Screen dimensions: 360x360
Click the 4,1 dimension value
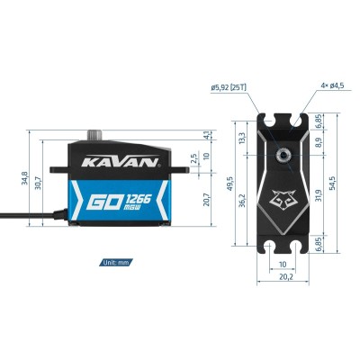coord(207,135)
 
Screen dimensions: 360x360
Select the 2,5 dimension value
coord(193,158)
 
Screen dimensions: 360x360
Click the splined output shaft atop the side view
coord(95,135)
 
